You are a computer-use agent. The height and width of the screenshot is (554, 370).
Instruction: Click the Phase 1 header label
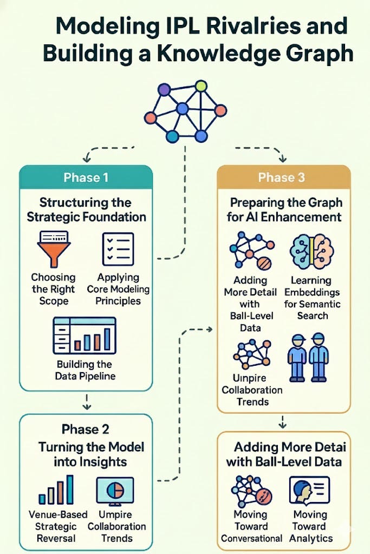click(x=86, y=177)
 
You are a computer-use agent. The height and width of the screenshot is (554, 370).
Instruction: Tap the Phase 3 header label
click(x=281, y=177)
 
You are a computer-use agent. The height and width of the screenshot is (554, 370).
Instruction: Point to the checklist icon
click(x=118, y=249)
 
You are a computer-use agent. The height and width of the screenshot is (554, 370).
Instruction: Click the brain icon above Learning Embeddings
click(x=311, y=252)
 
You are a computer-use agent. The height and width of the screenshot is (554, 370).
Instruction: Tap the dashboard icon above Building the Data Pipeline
click(x=85, y=335)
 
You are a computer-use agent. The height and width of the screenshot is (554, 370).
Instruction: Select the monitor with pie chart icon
click(x=115, y=491)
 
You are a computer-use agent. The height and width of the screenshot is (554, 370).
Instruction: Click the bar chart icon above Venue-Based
click(x=56, y=490)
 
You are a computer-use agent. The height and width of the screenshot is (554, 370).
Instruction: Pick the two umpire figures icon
click(x=308, y=358)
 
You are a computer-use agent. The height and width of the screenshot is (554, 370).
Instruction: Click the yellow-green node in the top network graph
click(x=201, y=86)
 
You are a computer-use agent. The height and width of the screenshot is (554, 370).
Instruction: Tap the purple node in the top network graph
click(x=164, y=89)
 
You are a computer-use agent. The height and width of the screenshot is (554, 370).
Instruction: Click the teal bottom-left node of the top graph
click(x=172, y=136)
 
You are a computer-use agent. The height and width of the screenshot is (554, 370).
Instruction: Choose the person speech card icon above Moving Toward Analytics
click(x=309, y=490)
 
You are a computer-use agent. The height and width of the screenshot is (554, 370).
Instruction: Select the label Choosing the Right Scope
click(x=54, y=289)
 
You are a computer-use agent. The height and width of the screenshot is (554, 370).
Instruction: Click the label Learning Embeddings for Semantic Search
click(x=312, y=298)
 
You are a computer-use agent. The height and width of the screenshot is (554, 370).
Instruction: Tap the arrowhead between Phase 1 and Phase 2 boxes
click(x=87, y=407)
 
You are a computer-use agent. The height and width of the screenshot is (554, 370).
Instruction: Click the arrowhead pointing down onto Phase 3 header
click(x=282, y=160)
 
